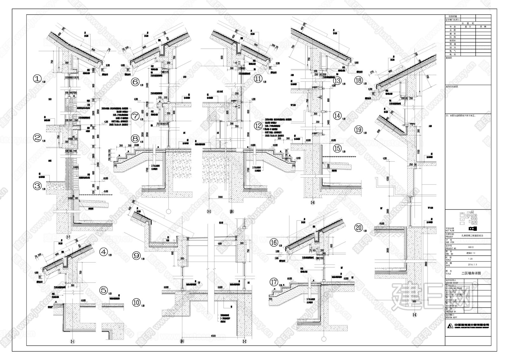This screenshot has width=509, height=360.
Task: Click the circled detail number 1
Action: pos(38,79)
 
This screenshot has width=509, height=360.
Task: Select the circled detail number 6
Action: pos(135,82)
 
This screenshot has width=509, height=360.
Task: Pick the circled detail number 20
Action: pos(359,228)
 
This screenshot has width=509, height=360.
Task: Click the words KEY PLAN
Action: pos(450,230)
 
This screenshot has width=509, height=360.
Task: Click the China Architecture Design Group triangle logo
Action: pos(450,326)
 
